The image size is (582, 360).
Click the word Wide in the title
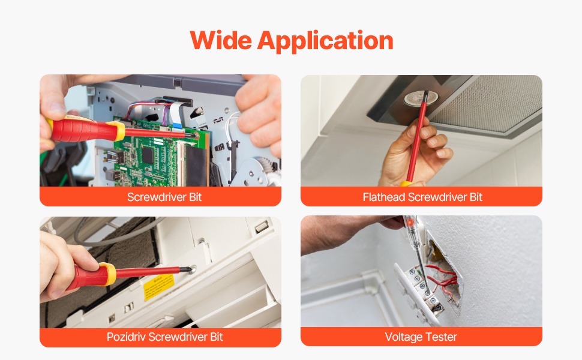221,40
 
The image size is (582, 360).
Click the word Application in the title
325,41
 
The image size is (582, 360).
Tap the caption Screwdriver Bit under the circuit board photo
164,197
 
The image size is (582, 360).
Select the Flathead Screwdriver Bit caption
422,197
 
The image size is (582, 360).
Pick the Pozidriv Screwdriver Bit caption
164,337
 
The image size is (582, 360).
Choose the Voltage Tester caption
421,337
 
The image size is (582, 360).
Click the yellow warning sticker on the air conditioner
159,287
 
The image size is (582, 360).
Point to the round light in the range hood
421,98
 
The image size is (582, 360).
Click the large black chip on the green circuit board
148,155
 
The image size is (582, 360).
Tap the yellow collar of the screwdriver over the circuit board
119,131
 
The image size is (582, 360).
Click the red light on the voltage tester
410,223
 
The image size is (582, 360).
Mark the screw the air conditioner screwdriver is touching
191,269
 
